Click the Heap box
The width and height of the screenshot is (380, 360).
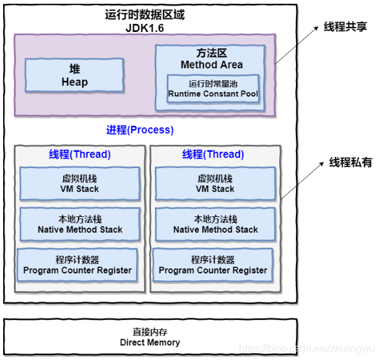click(74, 75)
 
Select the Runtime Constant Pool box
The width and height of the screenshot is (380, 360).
click(213, 89)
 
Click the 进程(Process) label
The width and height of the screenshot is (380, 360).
click(140, 130)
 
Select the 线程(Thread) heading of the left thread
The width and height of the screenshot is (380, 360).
click(80, 154)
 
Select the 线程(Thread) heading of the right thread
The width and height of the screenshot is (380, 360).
click(213, 154)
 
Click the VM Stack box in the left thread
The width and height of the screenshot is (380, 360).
click(80, 184)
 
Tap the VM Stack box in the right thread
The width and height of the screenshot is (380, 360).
click(215, 184)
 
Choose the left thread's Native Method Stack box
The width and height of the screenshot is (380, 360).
click(80, 224)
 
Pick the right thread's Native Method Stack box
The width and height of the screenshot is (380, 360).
click(215, 224)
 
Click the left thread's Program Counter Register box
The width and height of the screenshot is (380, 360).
click(77, 265)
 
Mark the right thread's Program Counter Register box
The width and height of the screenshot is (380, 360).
click(213, 265)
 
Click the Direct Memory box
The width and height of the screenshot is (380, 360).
click(150, 337)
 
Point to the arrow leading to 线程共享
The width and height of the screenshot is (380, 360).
click(295, 47)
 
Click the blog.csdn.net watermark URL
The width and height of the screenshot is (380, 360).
click(307, 348)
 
